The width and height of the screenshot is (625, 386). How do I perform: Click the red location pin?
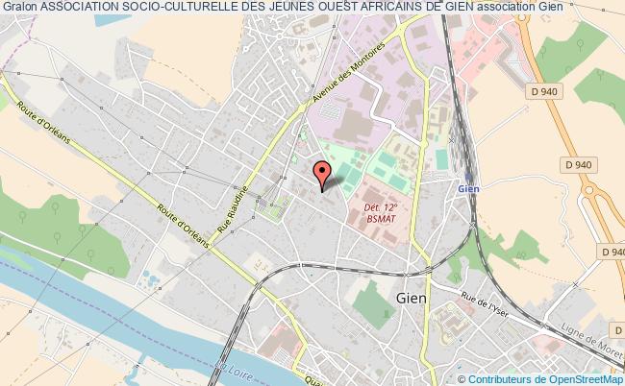(x=322, y=174)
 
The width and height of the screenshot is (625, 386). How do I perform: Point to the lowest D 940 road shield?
(x=612, y=252)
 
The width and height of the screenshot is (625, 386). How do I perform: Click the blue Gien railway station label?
(x=468, y=189)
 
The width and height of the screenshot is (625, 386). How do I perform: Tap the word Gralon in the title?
(x=18, y=8)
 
